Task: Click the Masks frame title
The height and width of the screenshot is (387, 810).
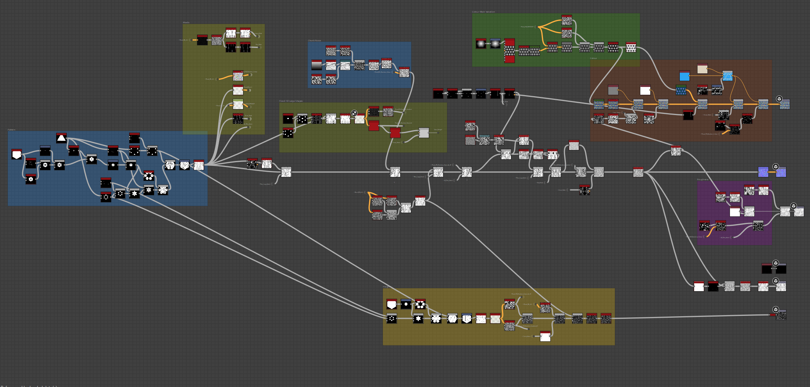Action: point(186,22)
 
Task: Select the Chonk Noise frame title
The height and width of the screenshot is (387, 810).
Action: point(314,41)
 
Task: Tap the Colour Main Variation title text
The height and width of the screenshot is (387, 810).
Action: point(483,12)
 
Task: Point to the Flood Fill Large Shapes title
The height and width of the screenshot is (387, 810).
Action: point(291,101)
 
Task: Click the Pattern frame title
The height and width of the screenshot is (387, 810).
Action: point(12,130)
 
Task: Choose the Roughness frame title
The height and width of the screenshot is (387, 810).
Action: point(703,179)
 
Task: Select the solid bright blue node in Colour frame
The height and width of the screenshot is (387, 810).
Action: point(685,76)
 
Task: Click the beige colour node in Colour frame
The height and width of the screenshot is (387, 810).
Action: point(702,69)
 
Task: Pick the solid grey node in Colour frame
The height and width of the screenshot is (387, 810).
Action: point(613,90)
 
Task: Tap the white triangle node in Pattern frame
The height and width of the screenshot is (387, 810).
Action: point(61,138)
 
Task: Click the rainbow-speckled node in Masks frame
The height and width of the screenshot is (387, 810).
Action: point(238,76)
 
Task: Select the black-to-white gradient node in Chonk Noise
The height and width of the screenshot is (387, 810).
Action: point(316,65)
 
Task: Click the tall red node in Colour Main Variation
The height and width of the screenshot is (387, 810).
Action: point(509,50)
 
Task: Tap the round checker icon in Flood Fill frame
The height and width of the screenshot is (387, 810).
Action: point(354,113)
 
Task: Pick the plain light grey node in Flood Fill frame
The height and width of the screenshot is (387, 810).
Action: point(424,133)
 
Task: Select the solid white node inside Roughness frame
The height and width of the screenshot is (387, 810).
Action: point(735,212)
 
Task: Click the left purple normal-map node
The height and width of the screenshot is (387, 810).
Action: point(763,172)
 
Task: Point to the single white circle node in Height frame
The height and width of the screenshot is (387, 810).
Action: point(406,304)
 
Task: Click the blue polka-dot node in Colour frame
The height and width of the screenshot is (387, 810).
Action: point(681,90)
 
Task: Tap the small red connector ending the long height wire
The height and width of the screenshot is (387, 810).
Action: point(772,315)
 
